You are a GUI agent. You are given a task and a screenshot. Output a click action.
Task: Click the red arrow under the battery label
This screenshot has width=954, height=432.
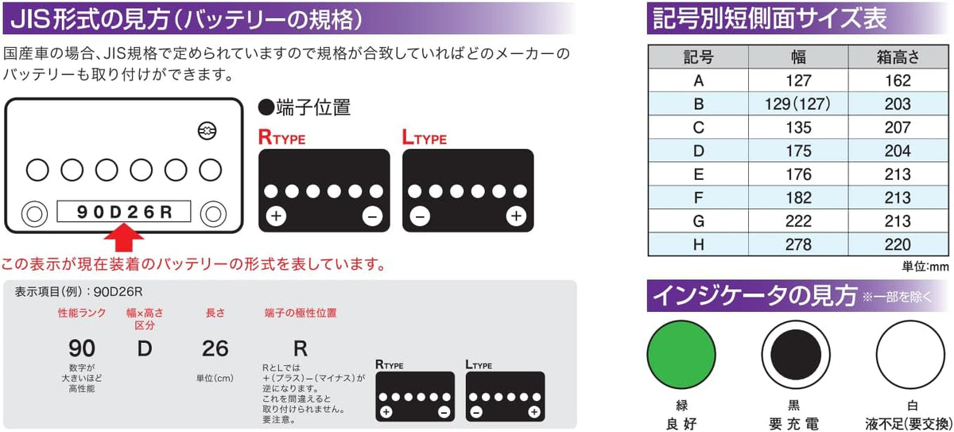(124, 238)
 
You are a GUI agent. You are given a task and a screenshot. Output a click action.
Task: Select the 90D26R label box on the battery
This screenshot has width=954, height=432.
(124, 212)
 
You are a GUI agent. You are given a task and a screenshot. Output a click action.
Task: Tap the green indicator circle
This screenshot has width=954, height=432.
(681, 355)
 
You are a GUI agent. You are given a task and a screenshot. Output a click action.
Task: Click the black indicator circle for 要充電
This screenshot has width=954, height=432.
(796, 355)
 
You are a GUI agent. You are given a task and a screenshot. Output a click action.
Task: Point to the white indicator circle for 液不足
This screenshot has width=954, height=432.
(910, 355)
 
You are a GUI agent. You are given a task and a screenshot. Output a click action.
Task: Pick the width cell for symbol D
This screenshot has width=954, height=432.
(798, 151)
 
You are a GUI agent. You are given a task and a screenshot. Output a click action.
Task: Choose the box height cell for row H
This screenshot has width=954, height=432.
(898, 244)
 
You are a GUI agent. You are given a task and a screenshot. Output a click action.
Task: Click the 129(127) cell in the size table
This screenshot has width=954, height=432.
(798, 104)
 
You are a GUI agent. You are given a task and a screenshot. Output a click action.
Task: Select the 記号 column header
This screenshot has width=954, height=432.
(699, 57)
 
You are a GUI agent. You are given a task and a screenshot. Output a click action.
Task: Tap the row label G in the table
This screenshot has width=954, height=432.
(699, 221)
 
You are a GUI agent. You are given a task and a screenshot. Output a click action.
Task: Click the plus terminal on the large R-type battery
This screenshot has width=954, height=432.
(276, 216)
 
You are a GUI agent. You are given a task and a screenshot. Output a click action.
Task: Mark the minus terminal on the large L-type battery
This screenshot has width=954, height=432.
(420, 217)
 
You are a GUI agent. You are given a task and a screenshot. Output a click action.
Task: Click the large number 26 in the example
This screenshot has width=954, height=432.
(215, 348)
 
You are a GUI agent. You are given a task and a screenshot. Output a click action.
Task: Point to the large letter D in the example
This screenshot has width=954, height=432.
(145, 348)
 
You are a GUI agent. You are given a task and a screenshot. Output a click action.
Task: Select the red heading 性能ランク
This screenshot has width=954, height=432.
(82, 313)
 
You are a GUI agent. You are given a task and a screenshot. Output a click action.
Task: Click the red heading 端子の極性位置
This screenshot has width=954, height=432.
(301, 313)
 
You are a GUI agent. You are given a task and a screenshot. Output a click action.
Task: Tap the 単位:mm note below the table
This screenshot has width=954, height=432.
(925, 267)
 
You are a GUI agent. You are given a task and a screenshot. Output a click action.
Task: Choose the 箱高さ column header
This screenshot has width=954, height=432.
(898, 57)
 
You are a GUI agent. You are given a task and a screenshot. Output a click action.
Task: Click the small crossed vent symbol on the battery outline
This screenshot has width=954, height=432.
(207, 130)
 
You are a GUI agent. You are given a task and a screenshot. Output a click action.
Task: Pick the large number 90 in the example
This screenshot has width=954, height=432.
(82, 348)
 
